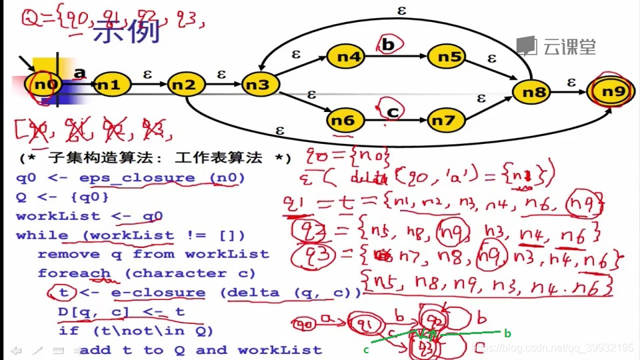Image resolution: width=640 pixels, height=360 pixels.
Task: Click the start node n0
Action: click(46, 85)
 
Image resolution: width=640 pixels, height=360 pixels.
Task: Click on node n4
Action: click(346, 57)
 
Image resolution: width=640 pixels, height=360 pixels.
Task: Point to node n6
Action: click(344, 120)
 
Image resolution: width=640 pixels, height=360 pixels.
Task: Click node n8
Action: click(533, 93)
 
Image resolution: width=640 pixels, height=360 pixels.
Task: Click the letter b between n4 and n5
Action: click(389, 45)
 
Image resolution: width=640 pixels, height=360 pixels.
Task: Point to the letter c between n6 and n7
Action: click(392, 112)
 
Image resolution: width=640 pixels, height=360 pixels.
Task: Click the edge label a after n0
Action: click(80, 72)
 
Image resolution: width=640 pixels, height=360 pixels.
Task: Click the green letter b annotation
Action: click(507, 333)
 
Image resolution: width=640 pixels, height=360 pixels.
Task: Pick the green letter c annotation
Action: click(367, 349)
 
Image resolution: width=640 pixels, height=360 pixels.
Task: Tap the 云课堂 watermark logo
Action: click(557, 46)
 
